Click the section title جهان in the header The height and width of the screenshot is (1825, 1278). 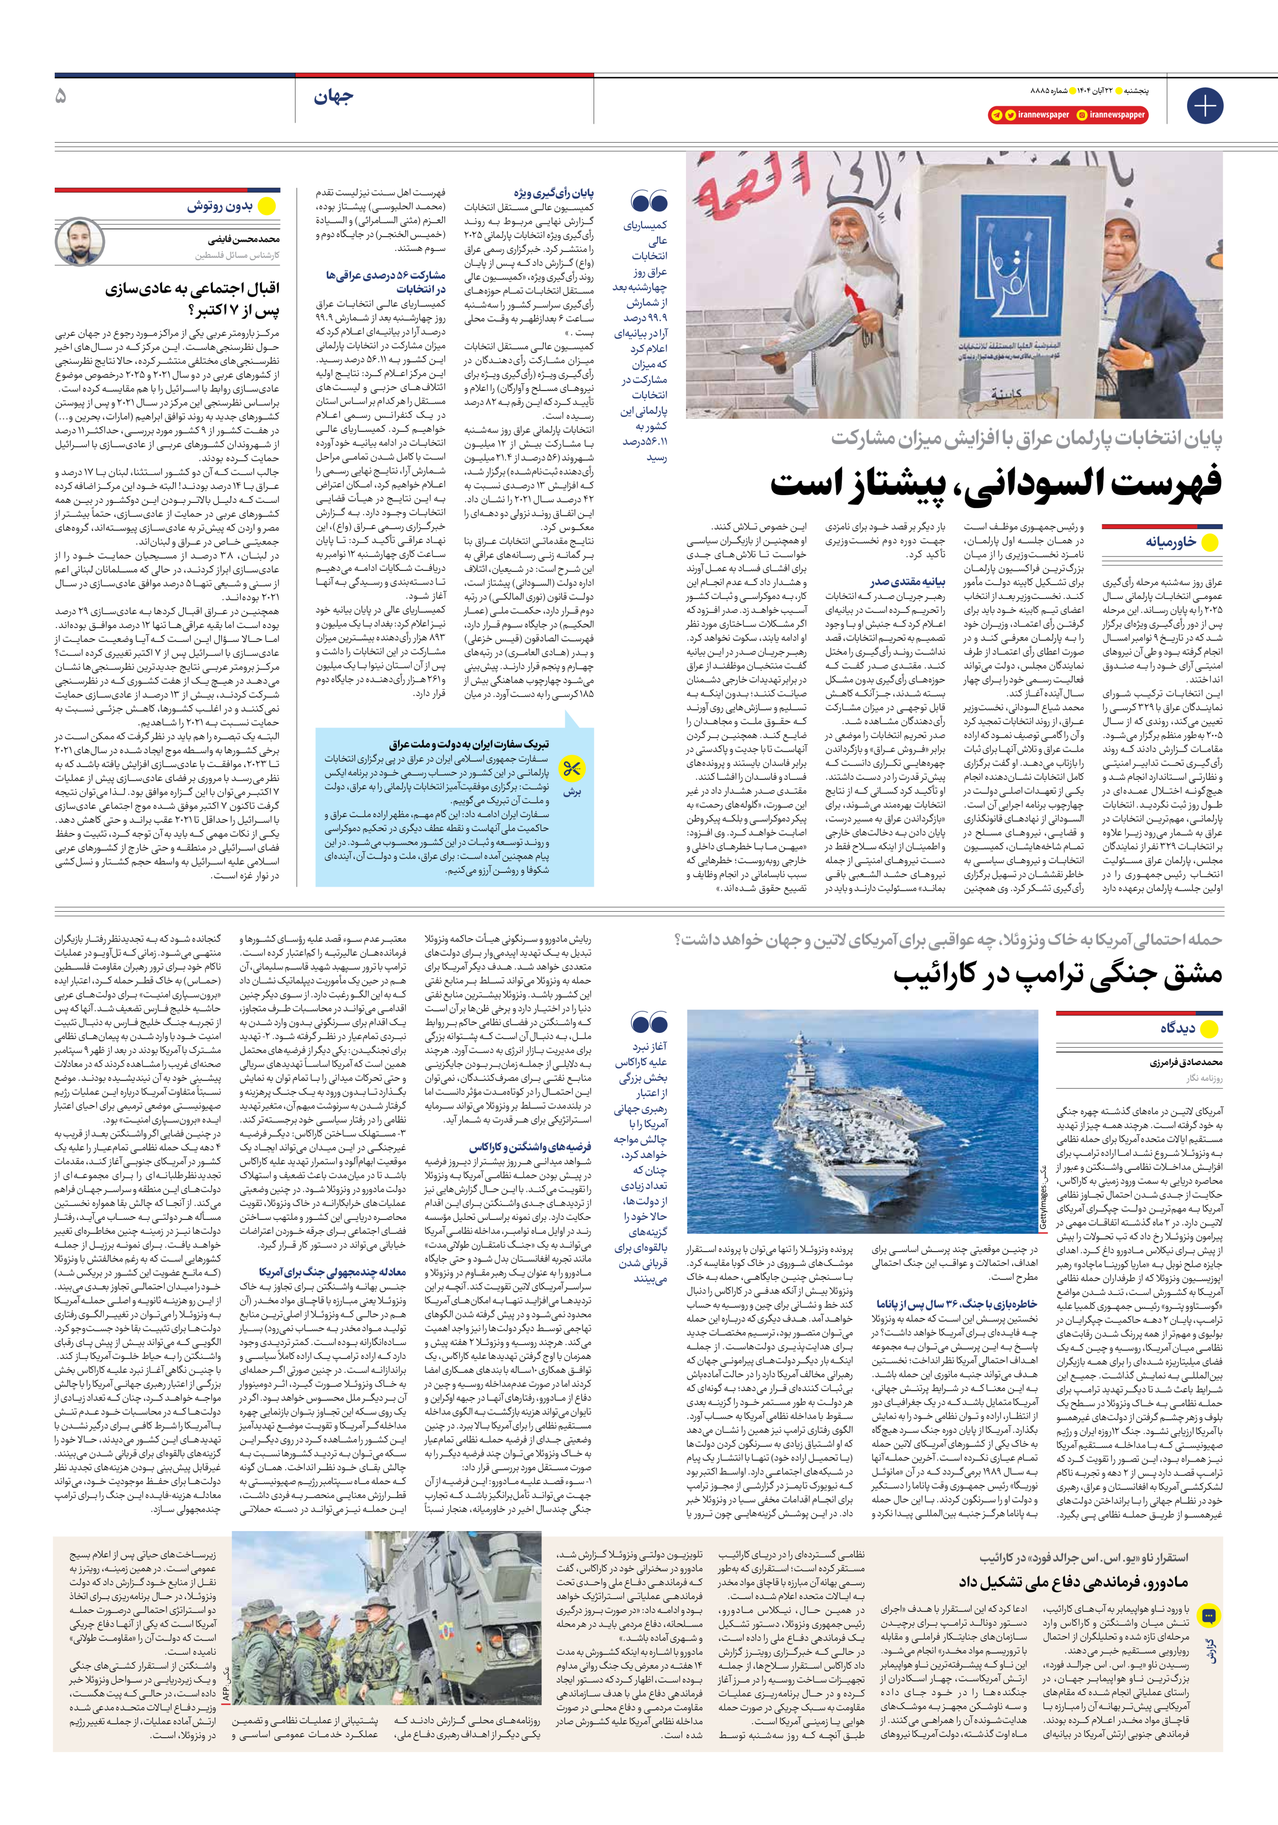coord(333,98)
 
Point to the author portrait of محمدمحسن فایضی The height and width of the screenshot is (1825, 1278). coord(80,242)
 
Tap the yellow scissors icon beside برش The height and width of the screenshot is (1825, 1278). coord(572,769)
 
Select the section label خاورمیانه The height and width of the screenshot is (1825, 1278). coord(1171,543)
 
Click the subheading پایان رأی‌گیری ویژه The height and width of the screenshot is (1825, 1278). coord(554,194)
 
